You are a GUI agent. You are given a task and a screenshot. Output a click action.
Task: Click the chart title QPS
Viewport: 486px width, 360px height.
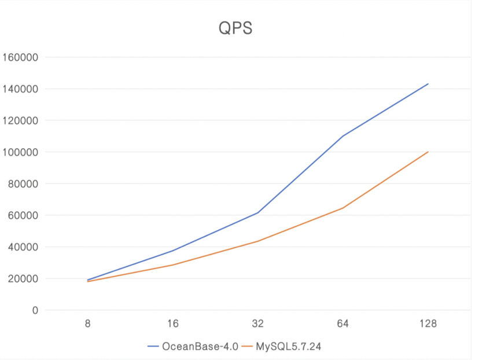(235, 28)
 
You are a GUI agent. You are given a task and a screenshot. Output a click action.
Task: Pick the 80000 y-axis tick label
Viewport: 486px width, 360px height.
(23, 184)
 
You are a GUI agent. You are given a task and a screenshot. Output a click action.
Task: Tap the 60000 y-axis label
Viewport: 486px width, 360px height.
(23, 215)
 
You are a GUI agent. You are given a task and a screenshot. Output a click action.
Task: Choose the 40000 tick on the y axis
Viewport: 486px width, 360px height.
(23, 247)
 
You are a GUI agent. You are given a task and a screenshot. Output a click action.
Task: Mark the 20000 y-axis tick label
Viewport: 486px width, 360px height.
(23, 278)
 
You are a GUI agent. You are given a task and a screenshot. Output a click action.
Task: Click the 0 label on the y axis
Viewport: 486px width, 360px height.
(35, 310)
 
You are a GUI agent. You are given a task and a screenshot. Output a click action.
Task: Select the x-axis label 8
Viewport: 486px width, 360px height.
(87, 324)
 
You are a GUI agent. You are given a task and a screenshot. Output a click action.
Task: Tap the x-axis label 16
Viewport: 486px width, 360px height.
(172, 324)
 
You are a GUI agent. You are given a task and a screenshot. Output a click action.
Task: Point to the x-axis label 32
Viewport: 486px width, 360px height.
(257, 324)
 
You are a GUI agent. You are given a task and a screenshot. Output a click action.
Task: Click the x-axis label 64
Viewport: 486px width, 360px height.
(343, 324)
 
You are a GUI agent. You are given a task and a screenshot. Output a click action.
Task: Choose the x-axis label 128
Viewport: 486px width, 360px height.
(428, 324)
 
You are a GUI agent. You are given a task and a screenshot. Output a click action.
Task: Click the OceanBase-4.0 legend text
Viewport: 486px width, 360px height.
(200, 346)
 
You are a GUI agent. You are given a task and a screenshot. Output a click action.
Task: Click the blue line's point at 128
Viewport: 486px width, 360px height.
(428, 84)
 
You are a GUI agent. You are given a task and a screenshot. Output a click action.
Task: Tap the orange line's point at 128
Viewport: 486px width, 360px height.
(428, 152)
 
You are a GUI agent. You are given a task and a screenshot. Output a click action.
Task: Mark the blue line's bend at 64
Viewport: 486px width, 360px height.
(343, 136)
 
